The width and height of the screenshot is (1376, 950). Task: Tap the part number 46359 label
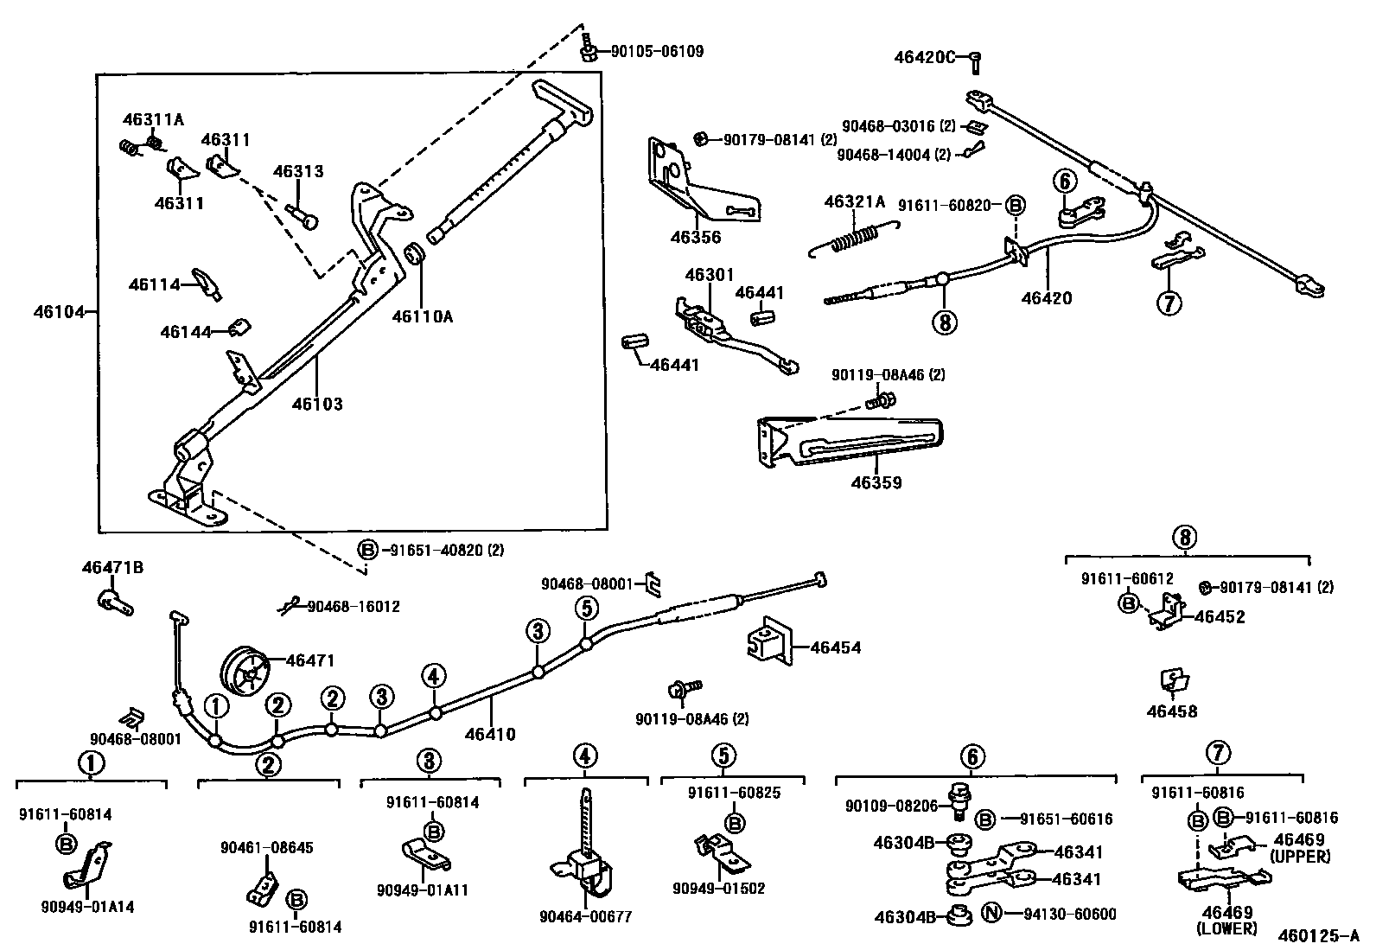pyautogui.click(x=876, y=482)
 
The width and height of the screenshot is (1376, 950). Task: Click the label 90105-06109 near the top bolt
pyautogui.click(x=657, y=52)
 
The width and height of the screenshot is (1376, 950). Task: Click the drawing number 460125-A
pyautogui.click(x=1319, y=935)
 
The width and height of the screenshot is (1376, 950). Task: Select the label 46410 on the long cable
pyautogui.click(x=489, y=735)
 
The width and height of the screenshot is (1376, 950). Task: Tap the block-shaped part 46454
pyautogui.click(x=768, y=644)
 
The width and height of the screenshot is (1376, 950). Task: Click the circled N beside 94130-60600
pyautogui.click(x=991, y=914)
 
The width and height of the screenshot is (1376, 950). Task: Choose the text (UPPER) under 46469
pyautogui.click(x=1300, y=856)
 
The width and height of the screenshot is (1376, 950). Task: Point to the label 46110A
pyautogui.click(x=422, y=316)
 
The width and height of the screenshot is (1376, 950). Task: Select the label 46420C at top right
pyautogui.click(x=924, y=58)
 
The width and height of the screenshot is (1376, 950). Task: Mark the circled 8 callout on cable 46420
pyautogui.click(x=944, y=322)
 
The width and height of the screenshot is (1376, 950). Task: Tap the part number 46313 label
pyautogui.click(x=298, y=171)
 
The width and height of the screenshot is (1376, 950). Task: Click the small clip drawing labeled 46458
pyautogui.click(x=1173, y=681)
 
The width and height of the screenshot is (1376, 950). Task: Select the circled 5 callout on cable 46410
pyautogui.click(x=585, y=609)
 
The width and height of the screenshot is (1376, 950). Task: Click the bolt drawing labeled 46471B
pyautogui.click(x=113, y=600)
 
